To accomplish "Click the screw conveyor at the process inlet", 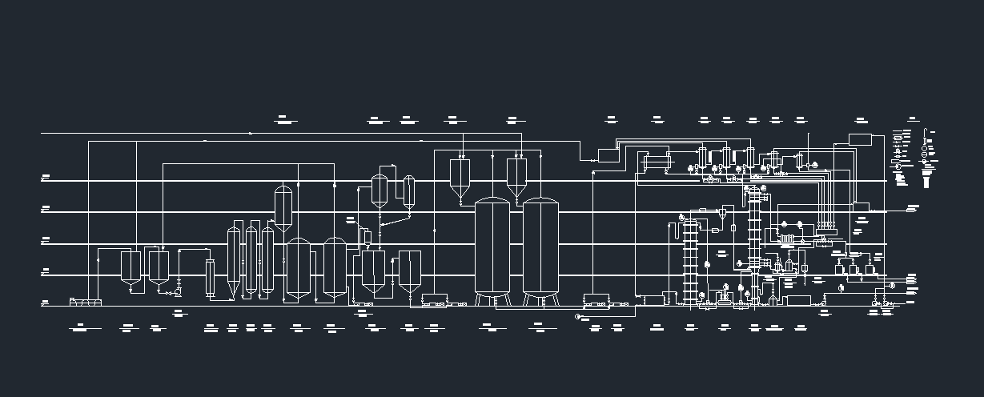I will (x=86, y=302).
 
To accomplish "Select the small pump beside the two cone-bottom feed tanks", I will (x=178, y=292).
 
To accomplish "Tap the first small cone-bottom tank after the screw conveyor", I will (x=131, y=267).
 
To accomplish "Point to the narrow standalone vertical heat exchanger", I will (x=211, y=279).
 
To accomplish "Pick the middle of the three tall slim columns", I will (x=251, y=260).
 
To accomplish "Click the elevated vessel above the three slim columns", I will (x=283, y=208).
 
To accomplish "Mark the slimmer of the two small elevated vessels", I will (x=409, y=192).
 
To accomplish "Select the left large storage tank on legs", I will (x=492, y=247).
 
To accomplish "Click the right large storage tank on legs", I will (x=540, y=247).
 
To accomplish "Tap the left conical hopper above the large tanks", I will (x=460, y=178).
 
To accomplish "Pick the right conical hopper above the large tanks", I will (x=516, y=178).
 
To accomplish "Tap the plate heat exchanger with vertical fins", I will (x=786, y=239).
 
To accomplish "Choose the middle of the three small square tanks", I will (x=855, y=269).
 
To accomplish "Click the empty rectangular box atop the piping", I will (x=860, y=140).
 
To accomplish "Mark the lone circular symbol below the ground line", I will (x=578, y=317).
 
